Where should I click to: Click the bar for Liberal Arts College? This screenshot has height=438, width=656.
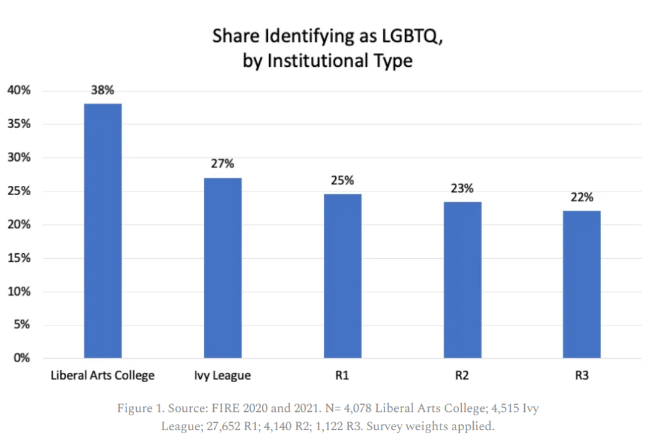103,231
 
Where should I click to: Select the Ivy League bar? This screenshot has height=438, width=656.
222,268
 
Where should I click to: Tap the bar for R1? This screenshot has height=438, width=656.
342,276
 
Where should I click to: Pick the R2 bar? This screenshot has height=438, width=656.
462,279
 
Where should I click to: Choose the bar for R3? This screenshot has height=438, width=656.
582,284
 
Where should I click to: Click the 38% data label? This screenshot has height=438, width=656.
103,91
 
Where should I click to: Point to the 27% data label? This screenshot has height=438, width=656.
222,164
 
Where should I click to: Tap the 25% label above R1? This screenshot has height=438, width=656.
342,180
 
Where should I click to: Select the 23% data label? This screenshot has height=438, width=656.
462,188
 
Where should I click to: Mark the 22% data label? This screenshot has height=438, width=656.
582,197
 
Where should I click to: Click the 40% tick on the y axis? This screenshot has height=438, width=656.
19,91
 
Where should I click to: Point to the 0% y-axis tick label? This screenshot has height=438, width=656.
22,358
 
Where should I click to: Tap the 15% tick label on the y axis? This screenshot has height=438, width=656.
19,258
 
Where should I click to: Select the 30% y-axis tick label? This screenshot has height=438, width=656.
19,157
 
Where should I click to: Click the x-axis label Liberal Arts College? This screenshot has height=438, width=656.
103,375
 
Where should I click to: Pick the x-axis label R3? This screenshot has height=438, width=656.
582,375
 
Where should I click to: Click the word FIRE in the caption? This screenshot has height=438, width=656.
231,408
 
